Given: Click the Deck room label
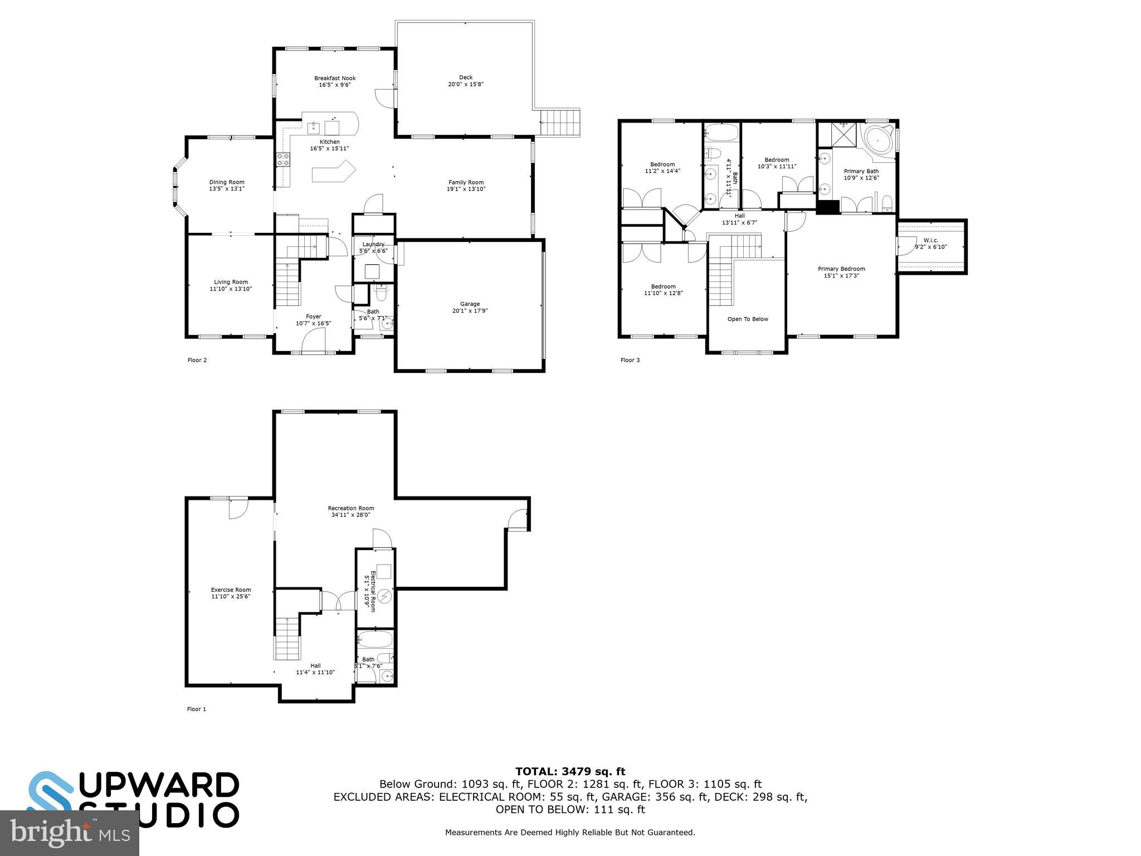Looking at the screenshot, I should pos(466,77).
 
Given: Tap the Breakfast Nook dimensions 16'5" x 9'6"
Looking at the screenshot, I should pos(334,85).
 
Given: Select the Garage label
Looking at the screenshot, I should pos(470,304).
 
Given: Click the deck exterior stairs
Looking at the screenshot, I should pos(560,122).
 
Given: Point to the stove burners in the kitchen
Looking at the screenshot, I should pos(283,159).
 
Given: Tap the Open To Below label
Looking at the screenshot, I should pos(748,319).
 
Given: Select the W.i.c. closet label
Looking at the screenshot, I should pos(930,240).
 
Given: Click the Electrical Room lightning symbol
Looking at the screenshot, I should pos(384,597).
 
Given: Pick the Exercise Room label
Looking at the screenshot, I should pos(231,590).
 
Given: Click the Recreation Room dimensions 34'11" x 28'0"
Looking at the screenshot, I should pos(350,515).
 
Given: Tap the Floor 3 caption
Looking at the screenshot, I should pos(630,360).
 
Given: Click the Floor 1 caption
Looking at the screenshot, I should pos(196,709).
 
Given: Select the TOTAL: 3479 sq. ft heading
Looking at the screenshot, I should pos(570,771).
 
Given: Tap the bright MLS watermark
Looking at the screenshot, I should pos(69,833).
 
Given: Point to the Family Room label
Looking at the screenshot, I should pos(466,182).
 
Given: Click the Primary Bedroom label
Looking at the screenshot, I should pos(841,269).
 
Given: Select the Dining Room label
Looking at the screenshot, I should pos(227,182).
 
